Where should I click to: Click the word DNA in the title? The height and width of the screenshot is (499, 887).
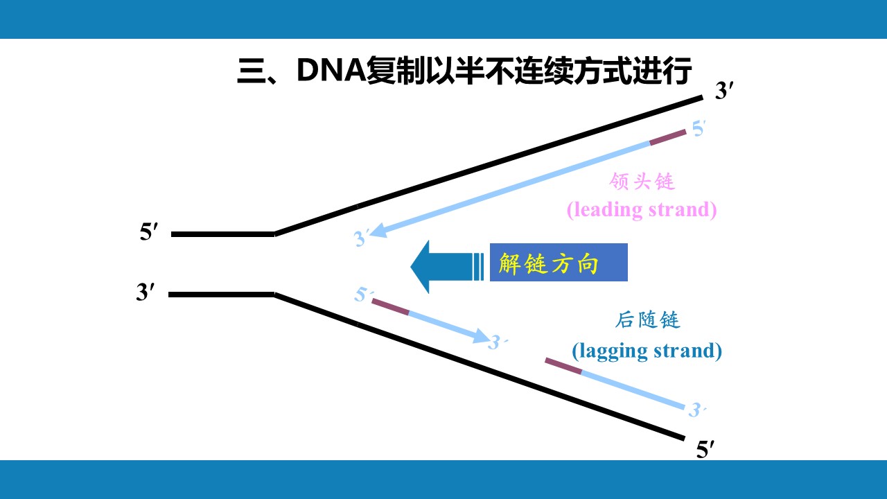331,71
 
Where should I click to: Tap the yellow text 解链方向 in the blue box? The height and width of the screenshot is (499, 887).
548,263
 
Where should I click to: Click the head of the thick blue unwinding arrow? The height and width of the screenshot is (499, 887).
421,267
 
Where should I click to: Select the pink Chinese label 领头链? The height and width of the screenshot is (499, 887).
642,182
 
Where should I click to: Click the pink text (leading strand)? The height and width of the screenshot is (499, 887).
642,210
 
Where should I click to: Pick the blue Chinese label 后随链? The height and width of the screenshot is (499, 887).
648,320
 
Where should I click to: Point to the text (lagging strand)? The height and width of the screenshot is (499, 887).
647,351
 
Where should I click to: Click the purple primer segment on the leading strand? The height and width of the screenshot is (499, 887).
668,137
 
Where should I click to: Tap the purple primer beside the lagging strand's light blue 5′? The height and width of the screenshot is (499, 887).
390,307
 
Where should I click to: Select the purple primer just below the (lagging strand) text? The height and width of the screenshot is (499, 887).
563,366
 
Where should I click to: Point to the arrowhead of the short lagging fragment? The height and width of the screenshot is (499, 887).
482,336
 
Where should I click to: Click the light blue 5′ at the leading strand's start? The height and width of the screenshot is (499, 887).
699,129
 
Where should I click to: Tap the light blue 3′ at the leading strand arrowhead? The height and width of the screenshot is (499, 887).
361,238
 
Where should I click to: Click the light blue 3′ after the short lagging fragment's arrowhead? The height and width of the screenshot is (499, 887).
498,342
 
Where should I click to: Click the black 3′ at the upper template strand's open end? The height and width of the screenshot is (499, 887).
724,91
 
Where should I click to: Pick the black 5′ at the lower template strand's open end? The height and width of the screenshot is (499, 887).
705,450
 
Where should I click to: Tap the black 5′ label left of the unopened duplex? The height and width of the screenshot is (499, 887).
149,232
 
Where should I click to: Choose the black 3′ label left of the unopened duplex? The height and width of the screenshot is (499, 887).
146,292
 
